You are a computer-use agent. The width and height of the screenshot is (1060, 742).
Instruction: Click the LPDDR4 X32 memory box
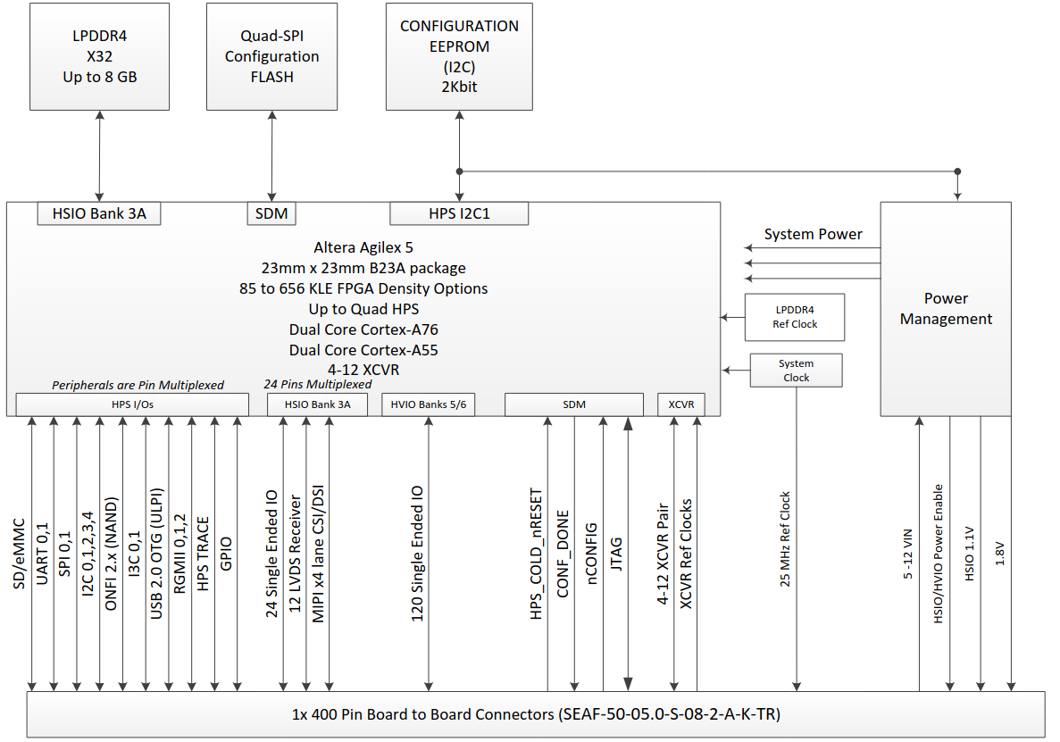coord(99,56)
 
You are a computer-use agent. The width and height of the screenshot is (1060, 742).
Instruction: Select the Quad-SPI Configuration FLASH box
coord(271,56)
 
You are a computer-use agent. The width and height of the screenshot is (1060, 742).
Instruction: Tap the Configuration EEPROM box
coord(459,56)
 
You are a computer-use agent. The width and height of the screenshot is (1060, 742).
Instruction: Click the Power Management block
coord(946,308)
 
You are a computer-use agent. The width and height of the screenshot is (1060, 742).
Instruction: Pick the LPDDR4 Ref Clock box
coord(795,317)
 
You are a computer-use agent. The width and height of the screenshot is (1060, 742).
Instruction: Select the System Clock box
coord(796,371)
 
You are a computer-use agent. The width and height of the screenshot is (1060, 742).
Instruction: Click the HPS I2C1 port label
coord(459,213)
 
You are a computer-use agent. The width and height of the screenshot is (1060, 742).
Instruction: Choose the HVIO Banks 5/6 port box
coord(429,404)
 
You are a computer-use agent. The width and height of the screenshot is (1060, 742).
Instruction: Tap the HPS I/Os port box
coord(132,404)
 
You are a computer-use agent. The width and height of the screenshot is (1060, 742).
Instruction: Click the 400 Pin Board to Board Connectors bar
coord(536,714)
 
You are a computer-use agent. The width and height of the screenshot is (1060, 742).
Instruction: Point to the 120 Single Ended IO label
coord(417,554)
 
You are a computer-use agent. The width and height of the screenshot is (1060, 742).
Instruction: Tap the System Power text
coord(813,235)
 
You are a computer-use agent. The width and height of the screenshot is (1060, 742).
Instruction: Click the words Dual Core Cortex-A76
coord(363,329)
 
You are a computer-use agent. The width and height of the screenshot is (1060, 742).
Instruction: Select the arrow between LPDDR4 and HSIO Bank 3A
coord(99,156)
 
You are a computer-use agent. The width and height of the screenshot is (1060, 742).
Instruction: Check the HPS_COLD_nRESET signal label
coord(536,554)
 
